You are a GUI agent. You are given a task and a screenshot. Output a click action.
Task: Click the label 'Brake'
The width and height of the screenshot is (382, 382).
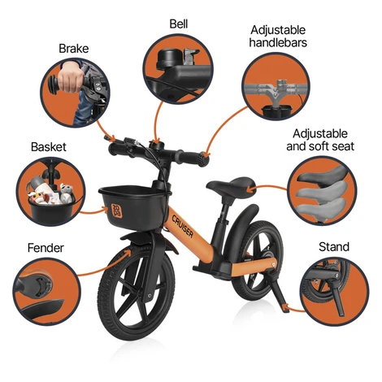[74, 49]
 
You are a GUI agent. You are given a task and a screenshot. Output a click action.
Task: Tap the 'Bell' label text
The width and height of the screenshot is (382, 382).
[179, 24]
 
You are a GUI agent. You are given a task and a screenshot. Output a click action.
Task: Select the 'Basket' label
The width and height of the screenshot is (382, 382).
[49, 147]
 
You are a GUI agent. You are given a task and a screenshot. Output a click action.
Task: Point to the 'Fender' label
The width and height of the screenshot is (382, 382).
[46, 248]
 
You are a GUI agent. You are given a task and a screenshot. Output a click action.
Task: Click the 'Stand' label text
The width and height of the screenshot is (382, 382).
[334, 247]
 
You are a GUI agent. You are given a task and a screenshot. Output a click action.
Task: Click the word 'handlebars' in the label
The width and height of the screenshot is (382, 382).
[278, 42]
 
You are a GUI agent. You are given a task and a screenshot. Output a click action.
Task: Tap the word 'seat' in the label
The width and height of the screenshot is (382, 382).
[342, 146]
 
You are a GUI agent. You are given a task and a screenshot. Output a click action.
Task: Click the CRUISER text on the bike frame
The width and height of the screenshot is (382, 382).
[182, 226]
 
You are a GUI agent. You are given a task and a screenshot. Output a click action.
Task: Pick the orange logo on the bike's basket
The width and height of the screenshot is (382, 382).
[117, 211]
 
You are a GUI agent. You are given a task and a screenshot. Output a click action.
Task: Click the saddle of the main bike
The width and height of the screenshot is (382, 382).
[229, 184]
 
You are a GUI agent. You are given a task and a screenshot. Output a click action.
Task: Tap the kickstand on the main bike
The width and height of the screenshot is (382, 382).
[278, 294]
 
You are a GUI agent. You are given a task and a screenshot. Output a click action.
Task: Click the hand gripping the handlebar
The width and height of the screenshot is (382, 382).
[70, 80]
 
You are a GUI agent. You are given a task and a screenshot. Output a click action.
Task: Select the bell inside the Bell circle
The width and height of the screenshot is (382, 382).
[165, 59]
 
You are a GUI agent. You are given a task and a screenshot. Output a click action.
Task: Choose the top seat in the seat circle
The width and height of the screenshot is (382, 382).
[323, 174]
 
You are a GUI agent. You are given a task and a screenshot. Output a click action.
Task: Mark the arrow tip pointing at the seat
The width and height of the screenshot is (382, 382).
[249, 189]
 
